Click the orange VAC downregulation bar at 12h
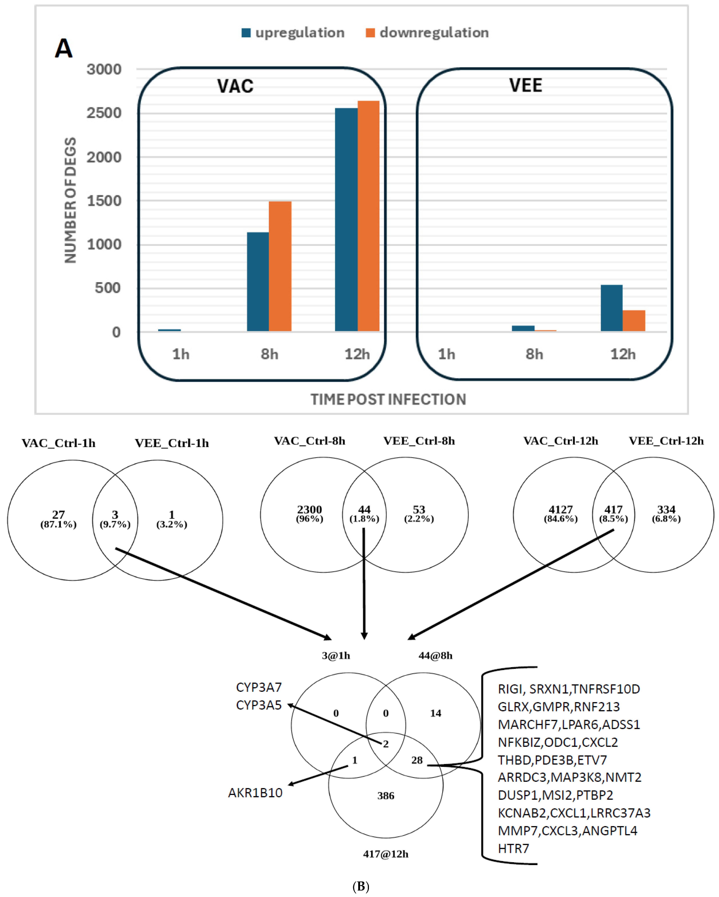click(368, 216)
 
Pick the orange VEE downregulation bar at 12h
click(634, 321)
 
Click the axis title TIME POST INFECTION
click(388, 399)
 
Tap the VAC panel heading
click(235, 86)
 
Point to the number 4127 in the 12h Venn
click(560, 510)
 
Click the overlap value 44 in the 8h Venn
click(364, 510)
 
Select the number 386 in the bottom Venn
click(386, 796)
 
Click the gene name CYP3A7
click(259, 687)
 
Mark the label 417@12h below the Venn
click(386, 854)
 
